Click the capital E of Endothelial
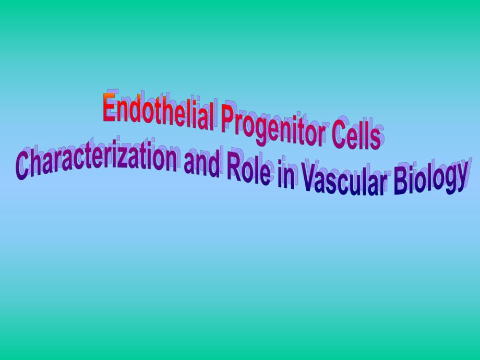coord(109,107)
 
